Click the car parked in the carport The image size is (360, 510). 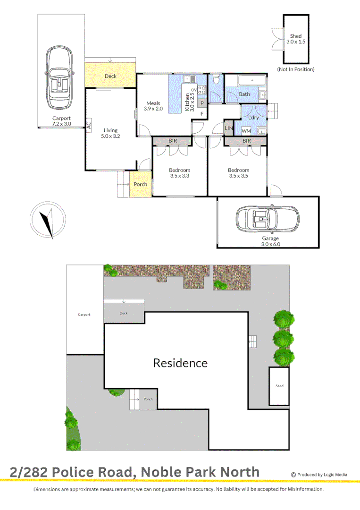pyautogui.click(x=59, y=78)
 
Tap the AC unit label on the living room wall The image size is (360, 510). pyautogui.click(x=88, y=126)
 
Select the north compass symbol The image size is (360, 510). pyautogui.click(x=47, y=221)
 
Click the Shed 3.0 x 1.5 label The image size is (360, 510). pyautogui.click(x=296, y=39)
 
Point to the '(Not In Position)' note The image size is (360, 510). pyautogui.click(x=295, y=69)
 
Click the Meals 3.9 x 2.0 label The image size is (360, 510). pyautogui.click(x=153, y=106)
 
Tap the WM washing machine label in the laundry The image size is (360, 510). pyautogui.click(x=246, y=130)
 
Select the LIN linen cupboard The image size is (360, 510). pyautogui.click(x=229, y=128)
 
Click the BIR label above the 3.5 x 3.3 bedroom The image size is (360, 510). pyautogui.click(x=173, y=141)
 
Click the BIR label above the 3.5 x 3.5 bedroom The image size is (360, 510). pyautogui.click(x=246, y=141)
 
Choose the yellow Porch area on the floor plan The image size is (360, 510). pyautogui.click(x=141, y=184)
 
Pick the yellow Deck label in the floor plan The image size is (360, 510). pyautogui.click(x=110, y=76)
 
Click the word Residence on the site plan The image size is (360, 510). pyautogui.click(x=180, y=363)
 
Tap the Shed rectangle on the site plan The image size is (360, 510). pyautogui.click(x=279, y=386)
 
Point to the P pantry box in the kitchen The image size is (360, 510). pyautogui.click(x=201, y=103)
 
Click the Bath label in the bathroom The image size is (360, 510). pyautogui.click(x=244, y=94)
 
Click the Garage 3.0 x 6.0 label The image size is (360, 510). pyautogui.click(x=270, y=241)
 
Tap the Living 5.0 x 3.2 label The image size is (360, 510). pyautogui.click(x=111, y=134)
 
